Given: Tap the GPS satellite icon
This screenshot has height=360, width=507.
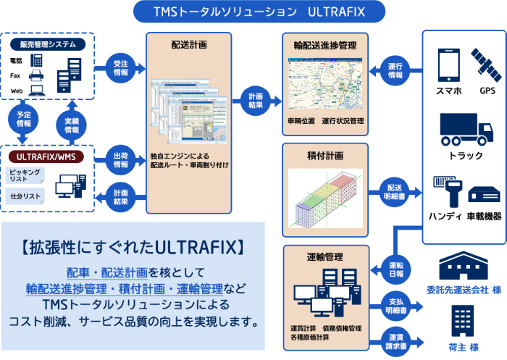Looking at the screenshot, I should click(486, 64).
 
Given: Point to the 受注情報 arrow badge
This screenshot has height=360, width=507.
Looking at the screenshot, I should click(121, 68).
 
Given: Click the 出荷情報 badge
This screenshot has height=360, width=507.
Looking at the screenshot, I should click(121, 159).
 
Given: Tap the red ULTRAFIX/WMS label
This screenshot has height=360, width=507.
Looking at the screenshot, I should click(48, 156).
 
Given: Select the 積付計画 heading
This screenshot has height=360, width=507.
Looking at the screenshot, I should click(325, 156).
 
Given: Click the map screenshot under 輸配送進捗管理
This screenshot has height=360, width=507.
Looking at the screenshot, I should click(325, 85).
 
